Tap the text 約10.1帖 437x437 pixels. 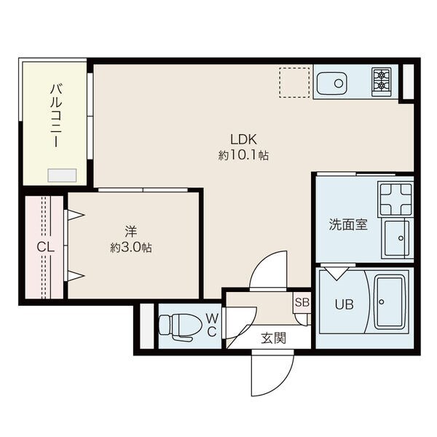pos(244,155)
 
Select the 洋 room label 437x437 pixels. pos(131,232)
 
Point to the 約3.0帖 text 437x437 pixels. pos(131,248)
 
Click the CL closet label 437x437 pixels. pos(45,247)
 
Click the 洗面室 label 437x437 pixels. pos(347,224)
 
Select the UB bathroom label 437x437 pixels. pos(344,304)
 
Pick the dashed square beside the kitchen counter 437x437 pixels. pos(295,82)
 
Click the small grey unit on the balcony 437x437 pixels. pos(62,176)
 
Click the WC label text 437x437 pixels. pos(210,325)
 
